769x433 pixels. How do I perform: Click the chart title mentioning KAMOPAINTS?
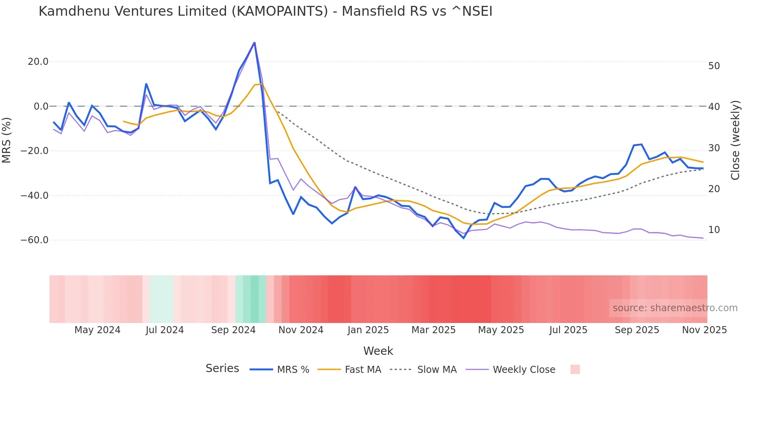(265, 11)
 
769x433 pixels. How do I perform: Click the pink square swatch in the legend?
(575, 369)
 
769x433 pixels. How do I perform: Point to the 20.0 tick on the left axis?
(38, 62)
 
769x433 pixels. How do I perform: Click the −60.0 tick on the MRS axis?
(35, 240)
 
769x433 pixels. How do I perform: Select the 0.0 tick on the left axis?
(41, 106)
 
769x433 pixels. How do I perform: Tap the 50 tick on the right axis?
(714, 66)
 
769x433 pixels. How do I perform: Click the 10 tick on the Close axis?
(714, 230)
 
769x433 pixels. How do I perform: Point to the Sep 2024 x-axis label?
(233, 330)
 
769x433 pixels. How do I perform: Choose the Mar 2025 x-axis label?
(433, 330)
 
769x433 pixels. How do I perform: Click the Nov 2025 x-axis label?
(704, 330)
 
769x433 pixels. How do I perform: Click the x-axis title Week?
(378, 351)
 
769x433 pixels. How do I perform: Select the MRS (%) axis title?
(7, 140)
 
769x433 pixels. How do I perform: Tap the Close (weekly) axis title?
(735, 140)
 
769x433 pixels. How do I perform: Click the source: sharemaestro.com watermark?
(675, 308)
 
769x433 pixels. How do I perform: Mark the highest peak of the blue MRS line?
(254, 42)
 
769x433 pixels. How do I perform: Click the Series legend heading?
(222, 369)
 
